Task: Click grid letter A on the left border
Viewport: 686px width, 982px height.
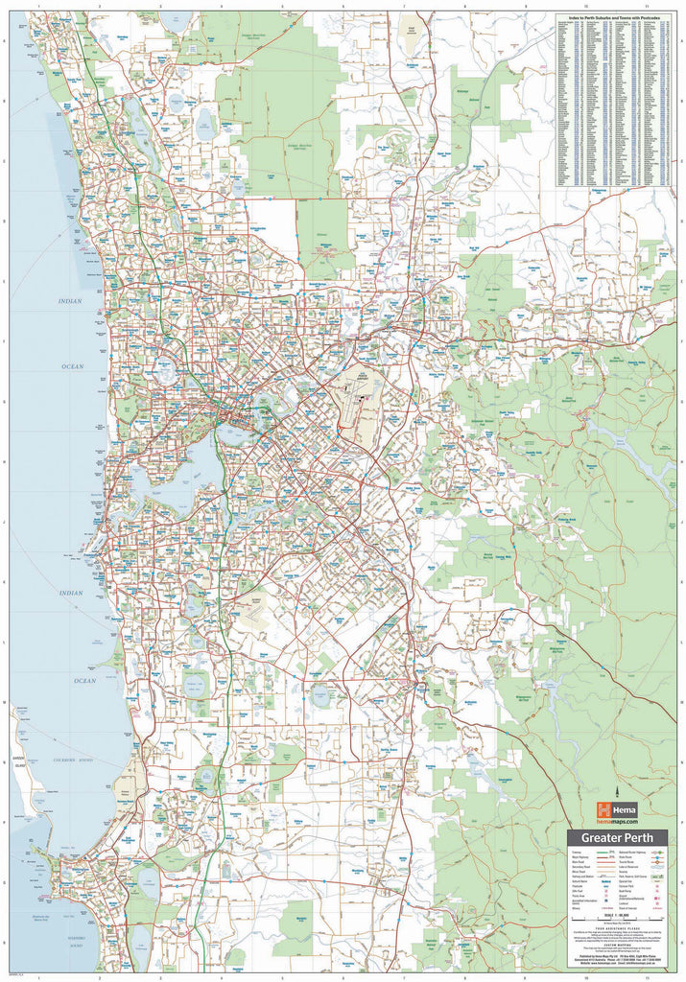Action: [6, 41]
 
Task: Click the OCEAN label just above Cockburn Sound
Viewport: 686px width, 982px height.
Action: [85, 680]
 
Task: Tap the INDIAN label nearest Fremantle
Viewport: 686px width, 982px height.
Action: [71, 593]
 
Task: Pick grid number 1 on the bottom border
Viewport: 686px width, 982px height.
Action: [38, 976]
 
